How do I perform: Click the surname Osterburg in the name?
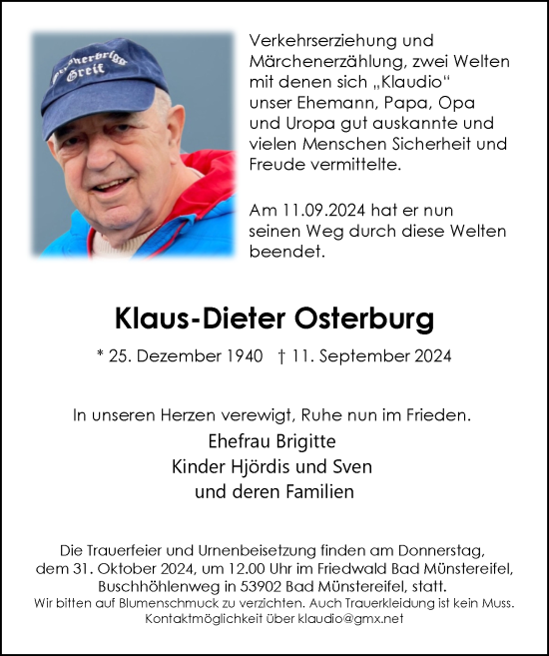[x=365, y=320]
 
